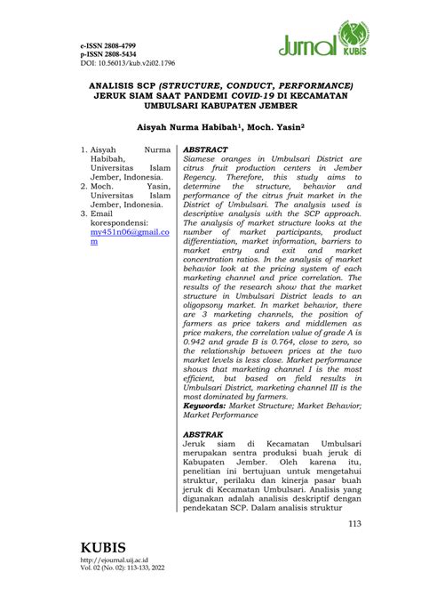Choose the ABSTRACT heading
pos(205,150)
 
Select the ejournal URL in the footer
pos(115,559)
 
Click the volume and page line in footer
pos(123,567)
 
